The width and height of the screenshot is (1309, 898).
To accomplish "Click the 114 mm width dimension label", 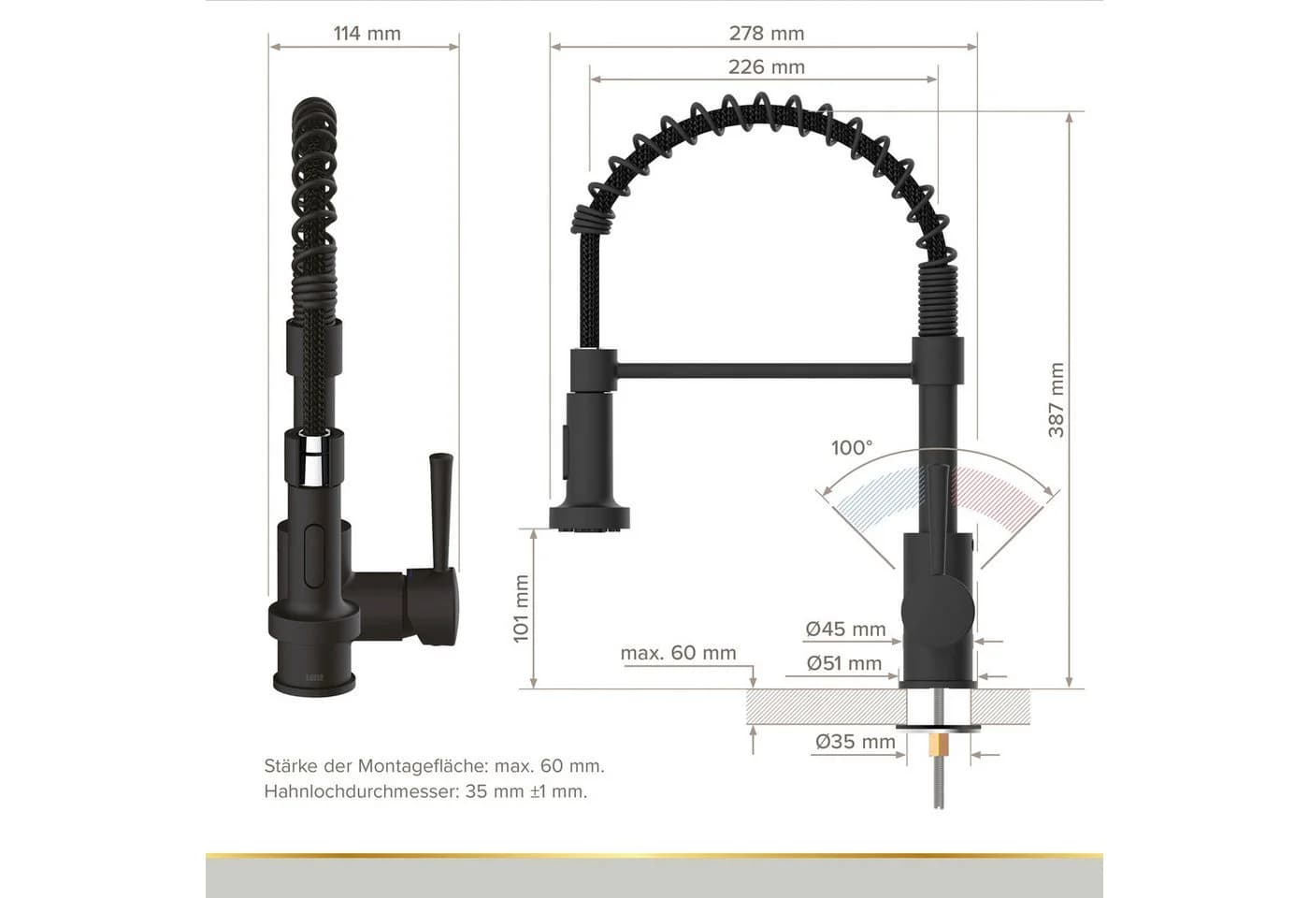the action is click(367, 34).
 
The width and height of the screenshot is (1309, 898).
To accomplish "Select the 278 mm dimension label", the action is click(766, 34).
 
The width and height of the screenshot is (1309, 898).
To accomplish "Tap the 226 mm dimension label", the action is click(766, 67).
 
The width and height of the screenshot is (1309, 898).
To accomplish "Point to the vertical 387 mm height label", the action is click(1056, 400).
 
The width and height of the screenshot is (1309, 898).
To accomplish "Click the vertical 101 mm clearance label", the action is click(521, 609).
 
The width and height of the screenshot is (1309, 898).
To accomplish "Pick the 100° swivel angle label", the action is click(852, 448).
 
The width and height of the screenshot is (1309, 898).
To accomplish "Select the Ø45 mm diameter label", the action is click(845, 629).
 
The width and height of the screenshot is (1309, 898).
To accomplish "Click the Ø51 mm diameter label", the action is click(843, 663).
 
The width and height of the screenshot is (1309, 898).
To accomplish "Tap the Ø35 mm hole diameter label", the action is click(855, 742).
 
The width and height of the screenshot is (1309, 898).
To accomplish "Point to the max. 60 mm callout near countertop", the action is click(678, 653).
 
